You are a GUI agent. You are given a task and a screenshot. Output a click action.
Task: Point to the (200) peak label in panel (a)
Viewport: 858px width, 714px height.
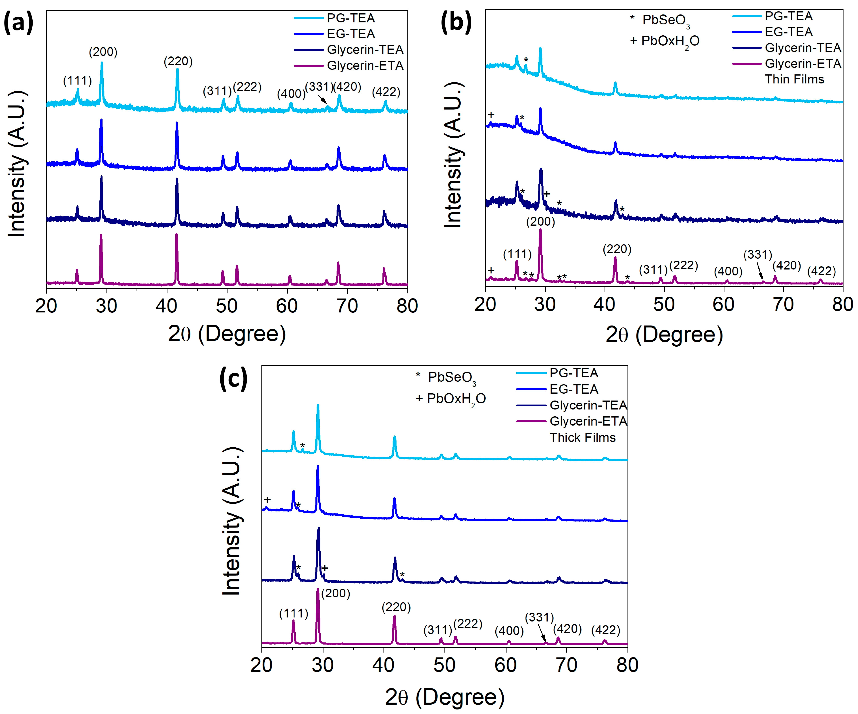pyautogui.click(x=103, y=52)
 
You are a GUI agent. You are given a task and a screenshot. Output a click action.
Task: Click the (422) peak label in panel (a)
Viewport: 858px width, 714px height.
pyautogui.click(x=386, y=92)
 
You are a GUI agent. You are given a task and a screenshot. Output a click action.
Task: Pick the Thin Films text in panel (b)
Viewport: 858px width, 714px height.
pyautogui.click(x=794, y=79)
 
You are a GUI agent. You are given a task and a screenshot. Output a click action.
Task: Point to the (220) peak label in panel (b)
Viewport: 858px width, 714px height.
pyautogui.click(x=617, y=249)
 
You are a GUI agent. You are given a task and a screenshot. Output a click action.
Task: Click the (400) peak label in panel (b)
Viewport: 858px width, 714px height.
pyautogui.click(x=728, y=271)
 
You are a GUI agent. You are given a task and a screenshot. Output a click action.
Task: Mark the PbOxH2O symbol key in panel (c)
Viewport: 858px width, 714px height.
pyautogui.click(x=451, y=399)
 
